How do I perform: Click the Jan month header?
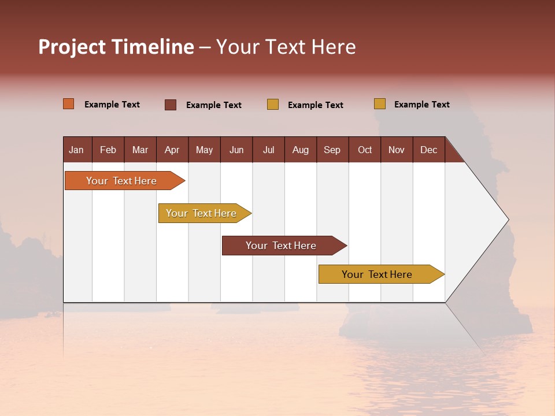coord(76,150)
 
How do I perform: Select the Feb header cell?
coord(108,150)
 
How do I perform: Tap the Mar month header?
coord(140,150)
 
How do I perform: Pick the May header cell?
coord(204,150)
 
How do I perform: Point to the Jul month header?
coord(268,150)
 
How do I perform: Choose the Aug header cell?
coord(301,150)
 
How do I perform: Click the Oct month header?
coord(365,150)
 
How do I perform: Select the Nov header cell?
coord(397,150)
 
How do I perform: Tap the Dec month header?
coord(428,150)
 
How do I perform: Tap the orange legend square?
coord(69,104)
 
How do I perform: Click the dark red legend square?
coord(171,105)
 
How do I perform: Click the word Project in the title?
coord(72,47)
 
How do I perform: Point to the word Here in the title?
coord(334,47)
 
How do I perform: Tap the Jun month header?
coord(236,150)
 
